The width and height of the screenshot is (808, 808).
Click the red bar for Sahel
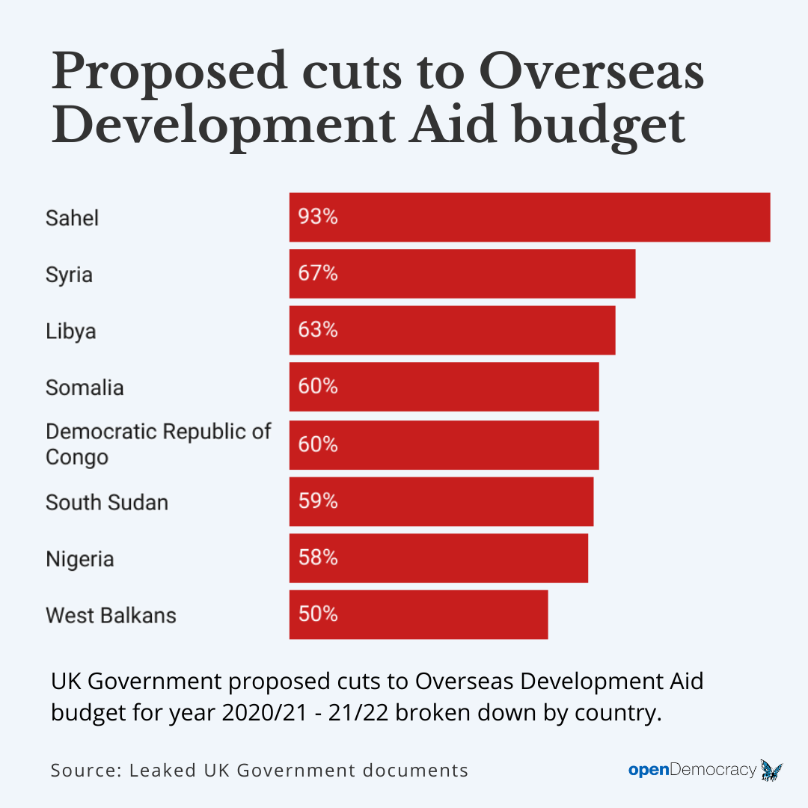(x=530, y=217)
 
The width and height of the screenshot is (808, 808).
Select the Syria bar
(x=462, y=274)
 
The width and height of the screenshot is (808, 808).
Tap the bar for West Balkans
(x=419, y=615)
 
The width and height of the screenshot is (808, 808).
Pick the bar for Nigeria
(x=438, y=558)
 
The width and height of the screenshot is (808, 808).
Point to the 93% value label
(x=318, y=217)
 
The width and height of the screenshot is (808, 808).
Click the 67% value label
(x=318, y=274)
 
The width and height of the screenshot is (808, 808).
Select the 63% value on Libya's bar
(x=318, y=330)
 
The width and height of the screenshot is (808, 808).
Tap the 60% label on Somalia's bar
(x=318, y=387)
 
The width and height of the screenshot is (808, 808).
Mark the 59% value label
(x=318, y=501)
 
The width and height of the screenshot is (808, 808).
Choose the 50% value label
(x=318, y=615)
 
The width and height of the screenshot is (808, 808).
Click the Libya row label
(x=70, y=331)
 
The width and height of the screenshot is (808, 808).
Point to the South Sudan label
(x=106, y=502)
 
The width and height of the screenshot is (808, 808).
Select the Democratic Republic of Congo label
(x=158, y=444)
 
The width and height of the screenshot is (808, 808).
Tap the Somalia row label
(x=85, y=388)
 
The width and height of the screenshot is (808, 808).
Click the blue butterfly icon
(x=771, y=769)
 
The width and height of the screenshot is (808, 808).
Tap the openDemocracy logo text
(x=692, y=770)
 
